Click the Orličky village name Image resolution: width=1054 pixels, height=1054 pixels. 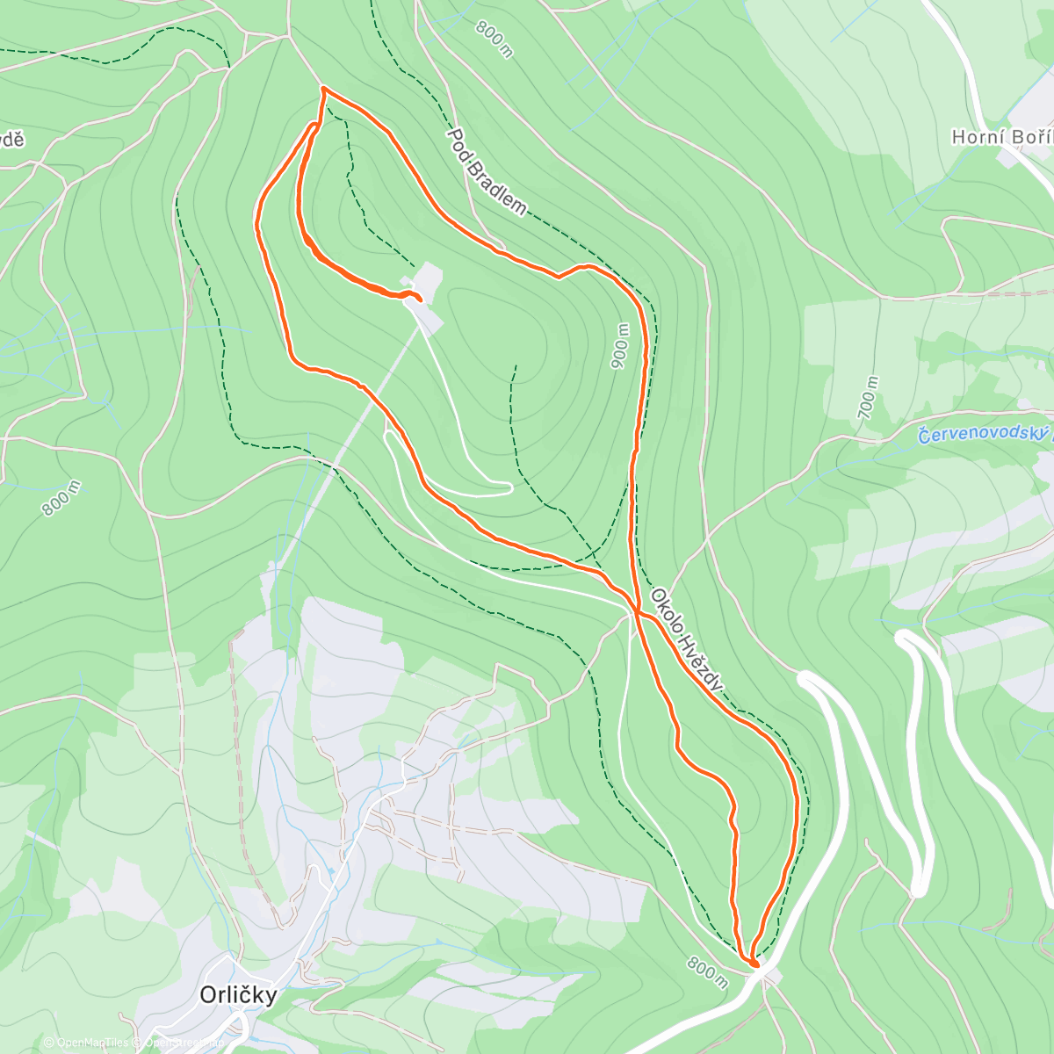pos(238,994)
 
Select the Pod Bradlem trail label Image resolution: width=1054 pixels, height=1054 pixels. pos(487,172)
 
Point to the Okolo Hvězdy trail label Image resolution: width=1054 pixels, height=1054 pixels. pos(688,639)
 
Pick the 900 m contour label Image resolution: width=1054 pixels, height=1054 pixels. pos(620,346)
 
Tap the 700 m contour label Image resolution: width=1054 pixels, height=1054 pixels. pos(868,398)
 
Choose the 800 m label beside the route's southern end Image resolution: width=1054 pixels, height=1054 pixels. pos(708,970)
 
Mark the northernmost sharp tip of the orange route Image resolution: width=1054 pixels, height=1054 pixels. pos(323,89)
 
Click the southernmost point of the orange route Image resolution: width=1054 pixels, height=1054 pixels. pos(754,964)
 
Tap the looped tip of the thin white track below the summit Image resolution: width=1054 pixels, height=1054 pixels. pos(508,487)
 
